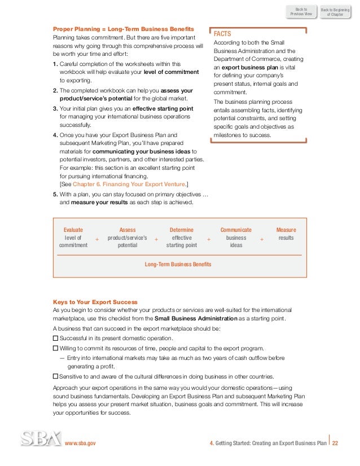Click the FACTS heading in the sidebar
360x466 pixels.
(x=222, y=33)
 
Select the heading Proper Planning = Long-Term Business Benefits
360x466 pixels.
(x=124, y=28)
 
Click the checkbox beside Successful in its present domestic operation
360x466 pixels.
(x=55, y=338)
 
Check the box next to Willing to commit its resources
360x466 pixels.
(x=55, y=349)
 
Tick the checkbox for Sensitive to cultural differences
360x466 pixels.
(x=55, y=376)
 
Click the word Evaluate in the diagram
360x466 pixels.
(x=73, y=230)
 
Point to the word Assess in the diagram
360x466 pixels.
(x=128, y=230)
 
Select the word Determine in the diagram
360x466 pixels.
(x=181, y=230)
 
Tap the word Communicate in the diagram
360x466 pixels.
(x=236, y=230)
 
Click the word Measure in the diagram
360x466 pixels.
(x=286, y=230)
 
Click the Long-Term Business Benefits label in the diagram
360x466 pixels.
(x=178, y=264)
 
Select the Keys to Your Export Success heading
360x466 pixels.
(x=95, y=302)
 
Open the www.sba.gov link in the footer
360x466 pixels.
(x=81, y=443)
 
